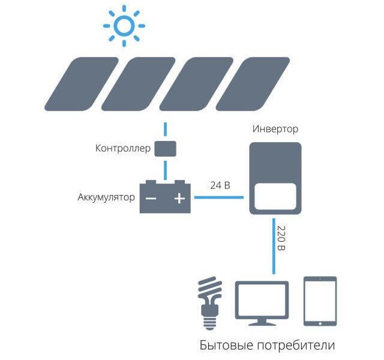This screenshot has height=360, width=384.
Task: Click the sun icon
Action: pyautogui.click(x=124, y=25)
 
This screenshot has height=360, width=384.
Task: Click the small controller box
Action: pyautogui.click(x=165, y=148)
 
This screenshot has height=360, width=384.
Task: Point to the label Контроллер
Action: pyautogui.click(x=122, y=148)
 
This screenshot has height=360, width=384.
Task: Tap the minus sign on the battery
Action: pyautogui.click(x=152, y=199)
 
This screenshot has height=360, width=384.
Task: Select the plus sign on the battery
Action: pyautogui.click(x=179, y=199)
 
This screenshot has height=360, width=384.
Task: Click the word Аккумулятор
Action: pyautogui.click(x=106, y=197)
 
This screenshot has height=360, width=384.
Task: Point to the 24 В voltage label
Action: pyautogui.click(x=220, y=185)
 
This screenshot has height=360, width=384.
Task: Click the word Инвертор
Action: pyautogui.click(x=275, y=129)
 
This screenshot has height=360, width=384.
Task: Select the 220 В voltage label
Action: pyautogui.click(x=282, y=239)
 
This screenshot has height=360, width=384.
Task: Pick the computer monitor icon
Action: pyautogui.click(x=262, y=302)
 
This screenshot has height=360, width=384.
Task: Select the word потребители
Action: pyautogui.click(x=296, y=346)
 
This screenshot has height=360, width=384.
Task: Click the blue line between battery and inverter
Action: pyautogui.click(x=220, y=197)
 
